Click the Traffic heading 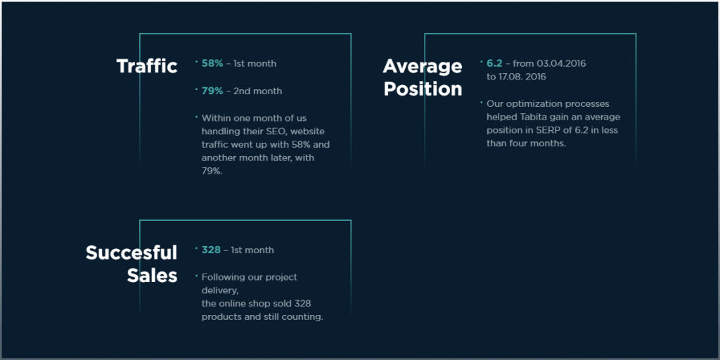[147, 66]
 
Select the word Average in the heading [423, 67]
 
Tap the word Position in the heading [423, 89]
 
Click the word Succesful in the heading [131, 252]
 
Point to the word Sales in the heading [152, 276]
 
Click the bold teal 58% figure [212, 63]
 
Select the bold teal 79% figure [212, 91]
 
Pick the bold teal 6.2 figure [494, 63]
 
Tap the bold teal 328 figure [211, 250]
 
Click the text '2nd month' [257, 91]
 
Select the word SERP [547, 130]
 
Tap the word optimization [534, 103]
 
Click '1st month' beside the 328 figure [252, 250]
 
